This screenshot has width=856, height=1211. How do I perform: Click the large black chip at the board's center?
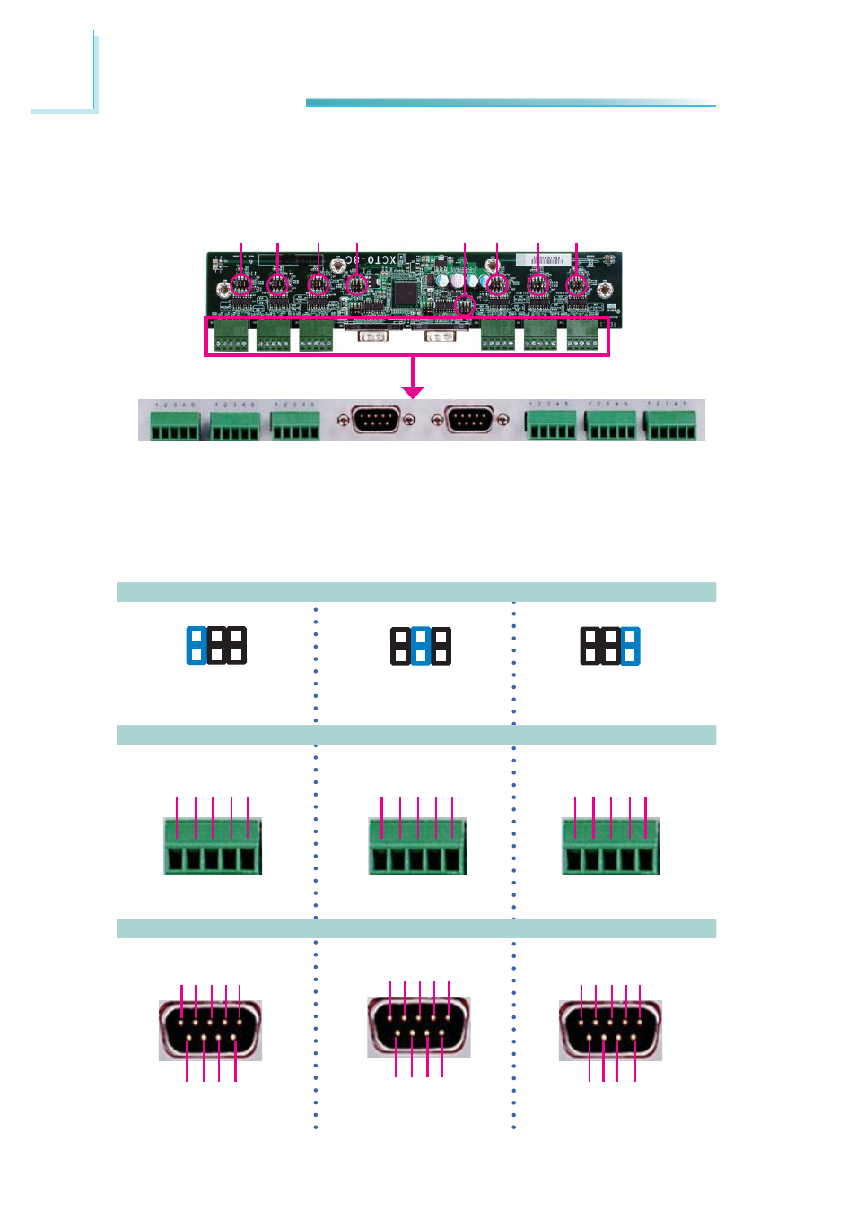point(405,292)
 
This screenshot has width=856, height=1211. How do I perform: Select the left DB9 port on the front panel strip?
point(376,419)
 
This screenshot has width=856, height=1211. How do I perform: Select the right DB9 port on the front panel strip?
point(468,419)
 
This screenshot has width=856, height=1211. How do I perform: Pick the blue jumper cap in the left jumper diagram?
point(197,646)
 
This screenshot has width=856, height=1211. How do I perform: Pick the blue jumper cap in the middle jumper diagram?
point(420,646)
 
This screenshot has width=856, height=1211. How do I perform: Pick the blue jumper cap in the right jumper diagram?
point(631,646)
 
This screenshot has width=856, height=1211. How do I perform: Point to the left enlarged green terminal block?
point(213,846)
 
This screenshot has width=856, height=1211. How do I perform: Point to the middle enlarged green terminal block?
point(418,846)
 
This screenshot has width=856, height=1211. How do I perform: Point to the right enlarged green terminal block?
point(611,846)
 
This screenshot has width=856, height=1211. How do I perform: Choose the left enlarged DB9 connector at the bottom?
point(211,1030)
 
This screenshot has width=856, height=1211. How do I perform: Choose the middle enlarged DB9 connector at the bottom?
point(419,1026)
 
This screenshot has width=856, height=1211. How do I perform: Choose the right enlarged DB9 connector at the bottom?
point(610,1030)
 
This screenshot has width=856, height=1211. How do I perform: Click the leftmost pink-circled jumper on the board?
point(240,284)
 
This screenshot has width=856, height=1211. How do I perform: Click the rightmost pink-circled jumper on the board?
point(577,285)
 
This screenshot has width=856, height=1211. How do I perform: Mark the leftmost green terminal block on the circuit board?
point(231,335)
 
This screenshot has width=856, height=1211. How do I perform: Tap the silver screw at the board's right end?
point(606,289)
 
